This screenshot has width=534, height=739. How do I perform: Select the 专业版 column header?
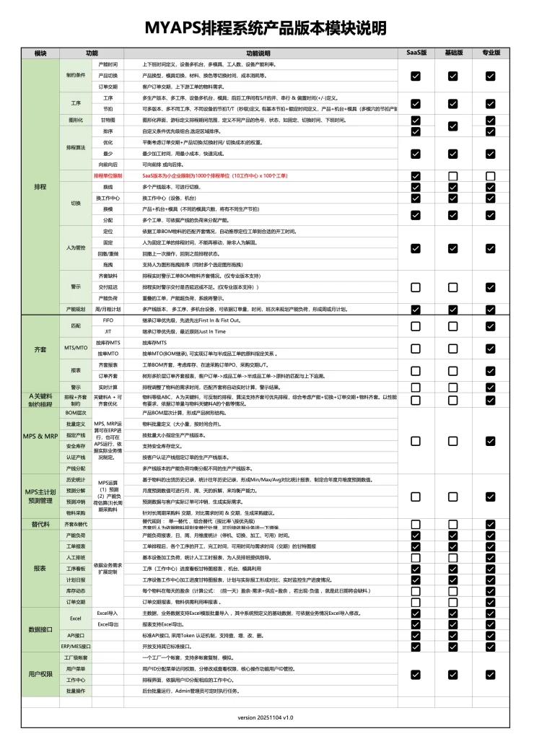[x=491, y=53]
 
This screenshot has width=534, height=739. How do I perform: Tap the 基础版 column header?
[x=453, y=53]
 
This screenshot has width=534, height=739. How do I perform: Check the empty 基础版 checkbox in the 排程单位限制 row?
[x=453, y=175]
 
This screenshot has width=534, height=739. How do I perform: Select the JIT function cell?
[x=108, y=331]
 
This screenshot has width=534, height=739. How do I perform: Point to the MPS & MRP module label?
[x=40, y=437]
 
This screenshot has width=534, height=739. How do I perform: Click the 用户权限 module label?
[x=40, y=674]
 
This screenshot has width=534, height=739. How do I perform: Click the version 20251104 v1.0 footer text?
[x=266, y=717]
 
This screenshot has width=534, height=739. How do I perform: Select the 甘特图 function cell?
[x=108, y=120]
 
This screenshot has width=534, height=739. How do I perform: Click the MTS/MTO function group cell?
[x=76, y=348]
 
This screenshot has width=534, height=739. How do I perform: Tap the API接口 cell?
[x=76, y=635]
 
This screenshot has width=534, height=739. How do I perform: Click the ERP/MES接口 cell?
[x=76, y=646]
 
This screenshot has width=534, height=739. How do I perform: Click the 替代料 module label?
[x=40, y=523]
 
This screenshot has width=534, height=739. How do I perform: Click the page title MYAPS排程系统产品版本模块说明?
[x=266, y=27]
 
